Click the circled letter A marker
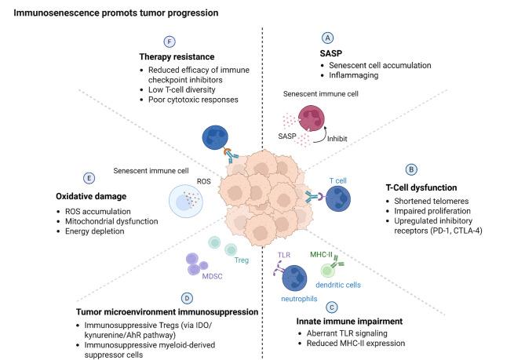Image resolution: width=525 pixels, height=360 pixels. pos(328,38)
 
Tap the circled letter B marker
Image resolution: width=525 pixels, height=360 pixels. pos(410,169)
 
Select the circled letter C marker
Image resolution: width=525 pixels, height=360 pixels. pos(333,307)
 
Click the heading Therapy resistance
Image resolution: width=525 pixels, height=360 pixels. pos(182,56)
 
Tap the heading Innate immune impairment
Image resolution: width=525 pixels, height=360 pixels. pos(339,322)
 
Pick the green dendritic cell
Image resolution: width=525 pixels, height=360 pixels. pos(334,269)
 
